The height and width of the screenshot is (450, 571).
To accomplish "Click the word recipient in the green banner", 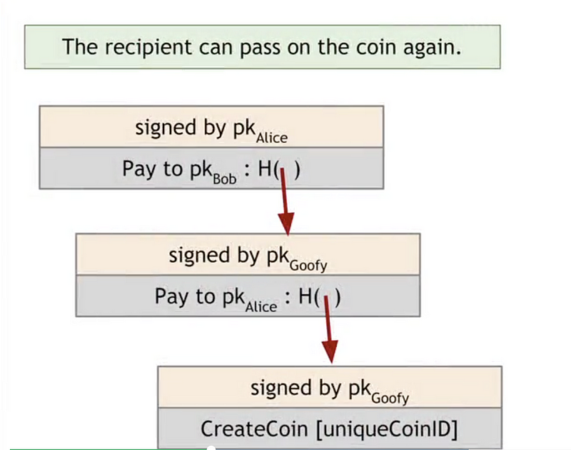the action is tap(148, 48).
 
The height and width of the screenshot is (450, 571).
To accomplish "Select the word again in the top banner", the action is tap(432, 49).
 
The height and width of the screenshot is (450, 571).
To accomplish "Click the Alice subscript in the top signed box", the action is tap(272, 138).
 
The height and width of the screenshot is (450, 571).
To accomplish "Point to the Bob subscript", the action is tap(225, 179).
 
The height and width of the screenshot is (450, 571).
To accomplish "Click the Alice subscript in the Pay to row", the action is tap(261, 307).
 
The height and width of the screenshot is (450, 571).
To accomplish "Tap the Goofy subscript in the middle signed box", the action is tap(308, 266).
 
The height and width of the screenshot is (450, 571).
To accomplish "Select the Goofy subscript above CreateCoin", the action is tap(390, 399).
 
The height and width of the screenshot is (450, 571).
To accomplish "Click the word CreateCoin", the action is tap(254, 429).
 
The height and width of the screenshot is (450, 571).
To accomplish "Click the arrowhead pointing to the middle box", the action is tap(287, 224).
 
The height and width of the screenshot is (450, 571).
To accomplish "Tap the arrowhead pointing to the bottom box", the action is tap(330, 351).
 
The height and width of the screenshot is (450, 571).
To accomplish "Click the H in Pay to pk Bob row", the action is tap(265, 169).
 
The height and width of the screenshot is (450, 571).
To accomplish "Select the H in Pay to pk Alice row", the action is tap(305, 296).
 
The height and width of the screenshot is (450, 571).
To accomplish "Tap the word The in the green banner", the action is tap(80, 47).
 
